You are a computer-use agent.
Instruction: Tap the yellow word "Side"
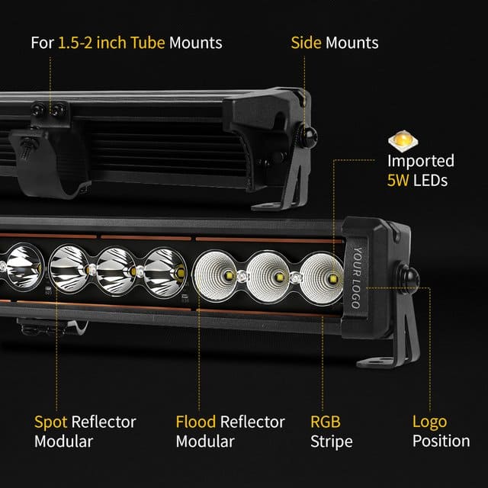click(x=306, y=42)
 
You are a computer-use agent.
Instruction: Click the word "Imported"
click(x=420, y=161)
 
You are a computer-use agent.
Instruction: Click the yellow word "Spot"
click(x=50, y=422)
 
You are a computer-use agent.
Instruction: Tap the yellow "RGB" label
click(x=326, y=422)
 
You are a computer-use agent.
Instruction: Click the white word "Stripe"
click(x=331, y=441)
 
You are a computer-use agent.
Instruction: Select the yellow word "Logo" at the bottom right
click(x=429, y=422)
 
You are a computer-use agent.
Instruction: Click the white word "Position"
click(x=441, y=441)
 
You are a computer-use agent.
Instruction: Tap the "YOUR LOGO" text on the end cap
click(x=355, y=278)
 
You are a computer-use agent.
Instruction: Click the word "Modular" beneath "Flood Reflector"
click(x=205, y=441)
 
